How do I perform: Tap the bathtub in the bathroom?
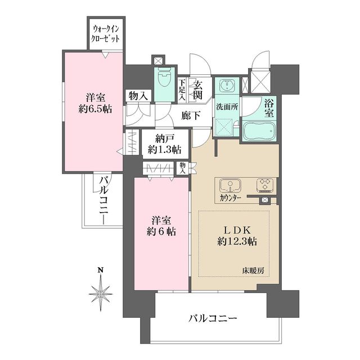(259, 132)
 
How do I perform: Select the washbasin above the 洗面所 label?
(227, 85)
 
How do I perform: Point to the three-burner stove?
(264, 185)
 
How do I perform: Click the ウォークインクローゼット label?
(105, 34)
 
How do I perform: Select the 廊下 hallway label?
(191, 115)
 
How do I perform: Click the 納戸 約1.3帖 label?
(164, 144)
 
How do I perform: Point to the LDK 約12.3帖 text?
(237, 236)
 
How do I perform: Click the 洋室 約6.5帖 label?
(95, 103)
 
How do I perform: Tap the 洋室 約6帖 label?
(161, 226)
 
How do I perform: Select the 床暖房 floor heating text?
(253, 271)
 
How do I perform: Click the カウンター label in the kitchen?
(230, 198)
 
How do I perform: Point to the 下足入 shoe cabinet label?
(182, 89)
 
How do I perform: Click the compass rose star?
(101, 294)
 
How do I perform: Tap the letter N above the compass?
(101, 270)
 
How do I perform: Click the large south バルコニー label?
(213, 318)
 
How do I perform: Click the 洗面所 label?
(227, 107)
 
